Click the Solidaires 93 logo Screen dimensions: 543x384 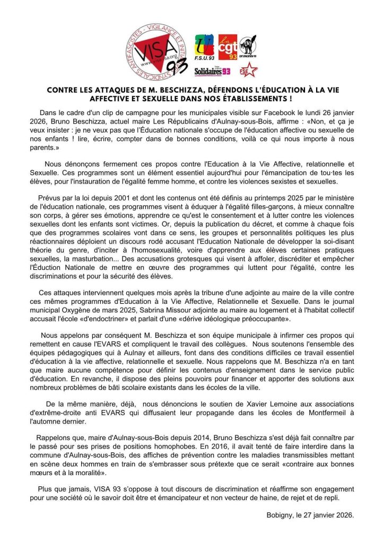point(212,71)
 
